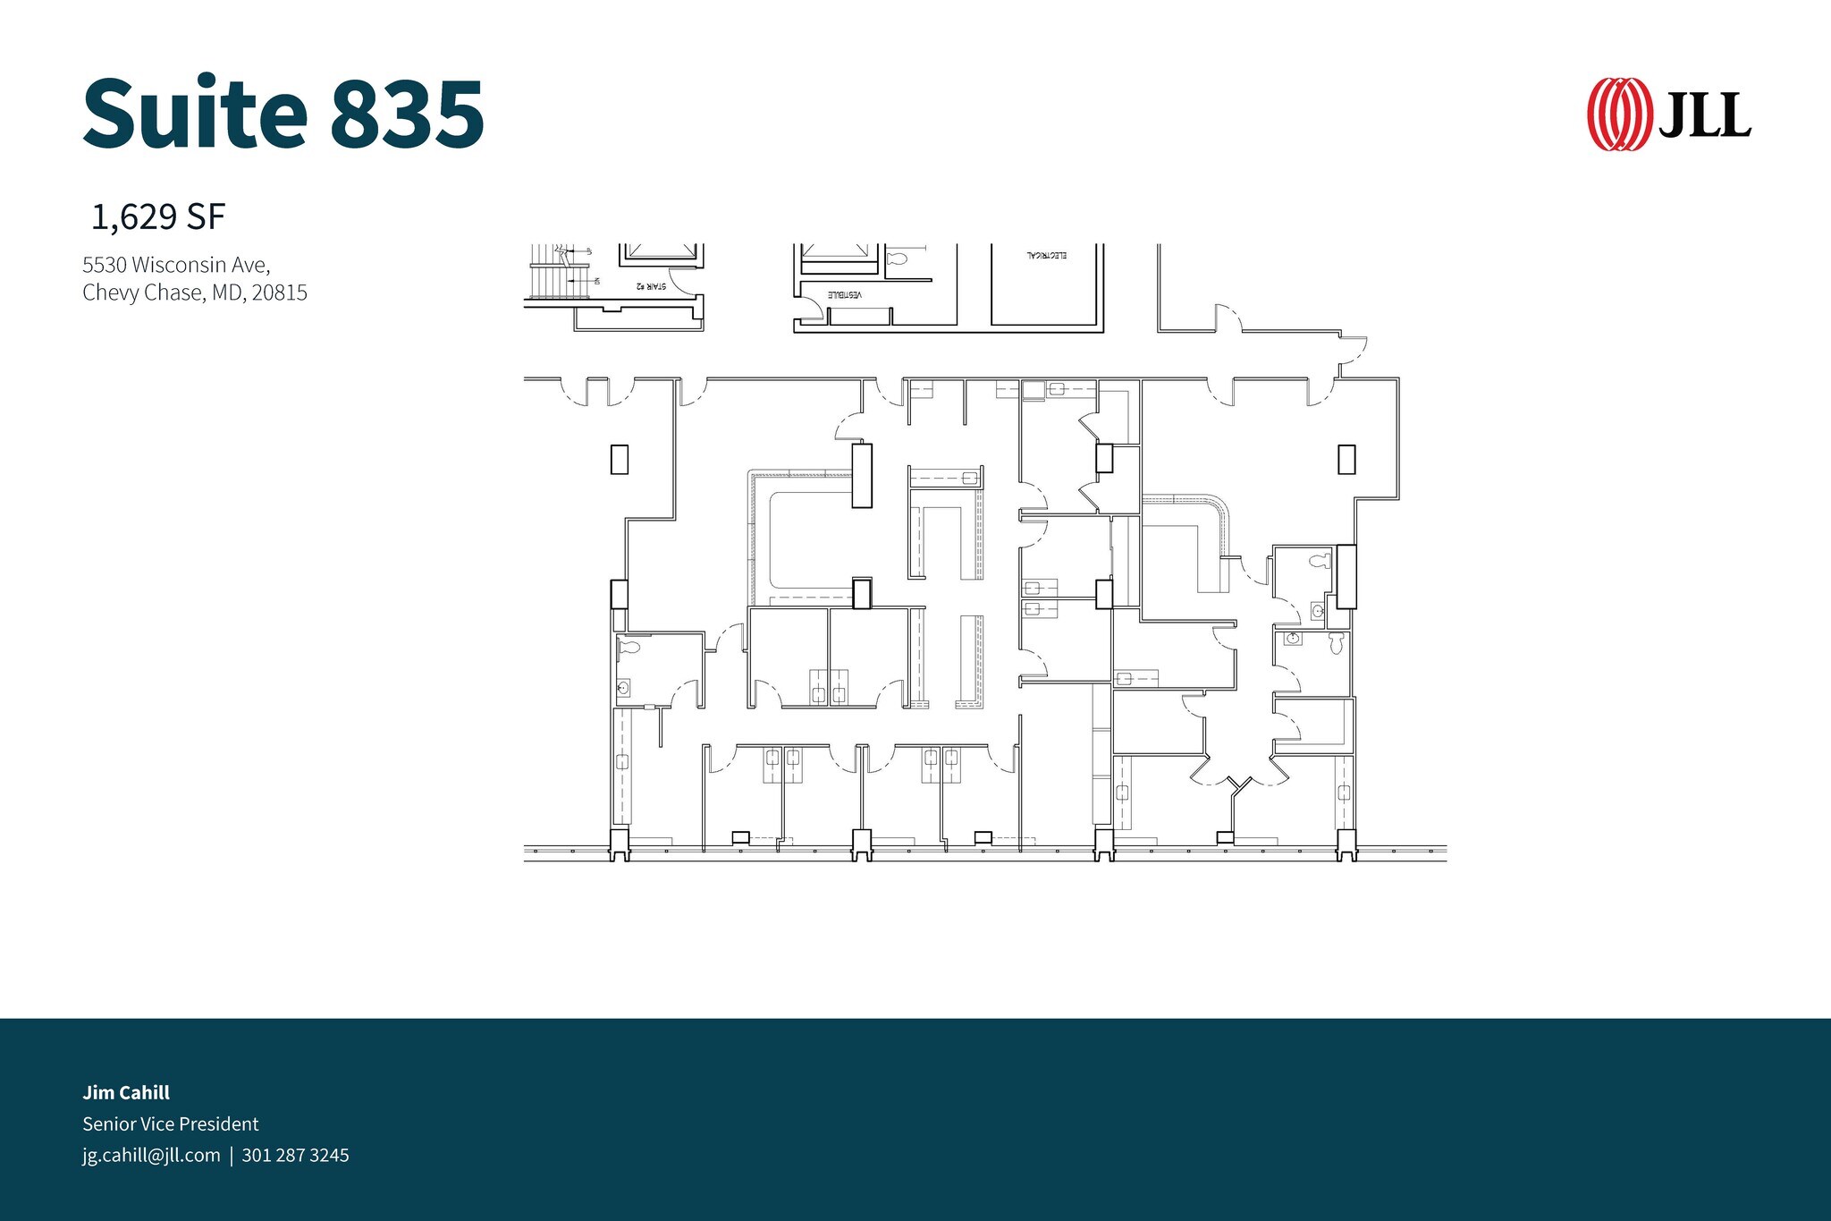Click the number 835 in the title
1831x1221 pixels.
coord(407,114)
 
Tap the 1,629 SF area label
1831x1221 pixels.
coord(158,217)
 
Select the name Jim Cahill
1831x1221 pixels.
coord(126,1092)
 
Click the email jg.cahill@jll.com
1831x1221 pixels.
coord(151,1155)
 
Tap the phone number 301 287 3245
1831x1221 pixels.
coord(295,1155)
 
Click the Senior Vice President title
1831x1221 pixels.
coord(170,1123)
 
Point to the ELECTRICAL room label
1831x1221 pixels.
coord(1046,256)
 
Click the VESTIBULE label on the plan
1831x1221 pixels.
coord(844,294)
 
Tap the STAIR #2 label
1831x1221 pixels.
coord(651,286)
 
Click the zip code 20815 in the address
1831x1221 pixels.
coord(279,293)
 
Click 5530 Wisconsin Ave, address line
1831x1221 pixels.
coord(176,265)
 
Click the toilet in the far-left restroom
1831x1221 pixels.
coord(630,647)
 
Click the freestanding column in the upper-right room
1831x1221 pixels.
coord(1346,459)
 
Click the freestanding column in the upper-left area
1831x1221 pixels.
coord(619,459)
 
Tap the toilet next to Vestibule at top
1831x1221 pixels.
coord(898,259)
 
